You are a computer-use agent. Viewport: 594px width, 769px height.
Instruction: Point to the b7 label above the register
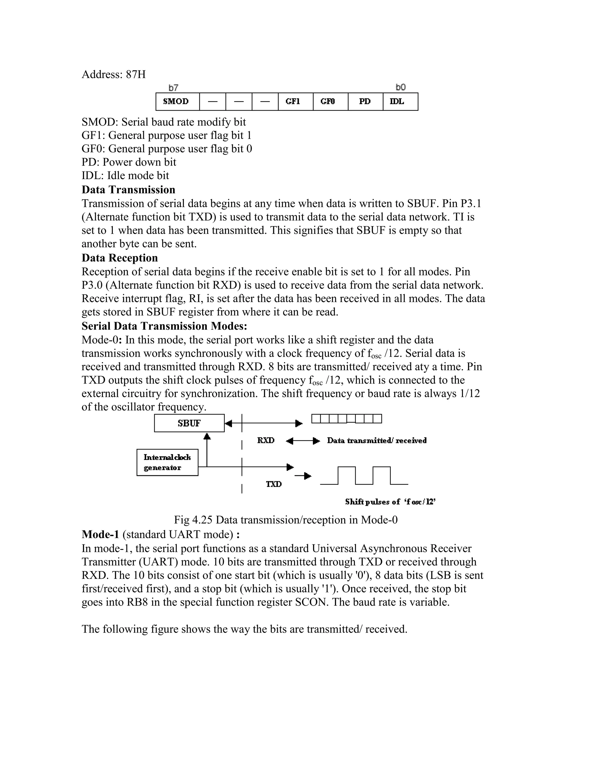(x=173, y=87)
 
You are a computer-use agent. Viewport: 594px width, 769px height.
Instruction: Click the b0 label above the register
(x=401, y=87)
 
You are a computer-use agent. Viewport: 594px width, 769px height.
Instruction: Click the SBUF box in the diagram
(x=189, y=423)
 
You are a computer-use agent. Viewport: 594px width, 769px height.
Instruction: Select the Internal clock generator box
(x=167, y=462)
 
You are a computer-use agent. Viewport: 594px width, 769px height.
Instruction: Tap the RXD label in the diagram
(x=266, y=441)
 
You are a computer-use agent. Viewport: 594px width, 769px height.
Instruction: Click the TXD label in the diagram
(x=274, y=484)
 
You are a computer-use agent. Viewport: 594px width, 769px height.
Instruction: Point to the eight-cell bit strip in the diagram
(x=346, y=419)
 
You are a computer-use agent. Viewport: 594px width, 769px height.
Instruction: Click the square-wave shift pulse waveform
(x=364, y=475)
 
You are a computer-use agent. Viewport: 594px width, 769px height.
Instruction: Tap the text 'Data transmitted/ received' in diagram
(x=376, y=441)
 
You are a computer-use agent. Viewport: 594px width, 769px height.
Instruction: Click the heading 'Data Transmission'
(x=128, y=190)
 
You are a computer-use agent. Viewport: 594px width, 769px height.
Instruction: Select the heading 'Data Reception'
(x=120, y=258)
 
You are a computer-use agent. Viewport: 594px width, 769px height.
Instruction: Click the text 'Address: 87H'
(x=113, y=75)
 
